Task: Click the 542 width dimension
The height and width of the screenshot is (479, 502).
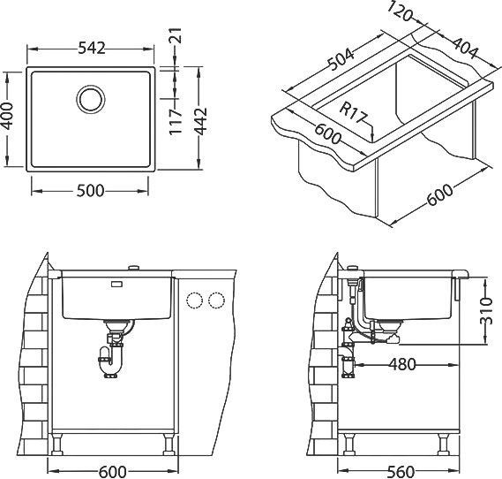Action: coord(92,49)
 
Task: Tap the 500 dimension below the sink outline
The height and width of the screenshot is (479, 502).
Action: coord(91,191)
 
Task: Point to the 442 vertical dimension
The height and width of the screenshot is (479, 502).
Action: coord(201,121)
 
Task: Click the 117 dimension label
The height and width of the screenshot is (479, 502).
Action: coord(175,121)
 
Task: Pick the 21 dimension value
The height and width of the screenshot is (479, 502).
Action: coord(176,35)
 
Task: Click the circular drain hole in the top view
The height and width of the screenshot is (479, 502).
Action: coord(91,99)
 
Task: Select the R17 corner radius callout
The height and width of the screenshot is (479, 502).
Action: coord(352,113)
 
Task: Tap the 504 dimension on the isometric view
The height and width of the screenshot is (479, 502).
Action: coord(341,60)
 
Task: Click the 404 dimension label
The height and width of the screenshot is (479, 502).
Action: coord(464,49)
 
